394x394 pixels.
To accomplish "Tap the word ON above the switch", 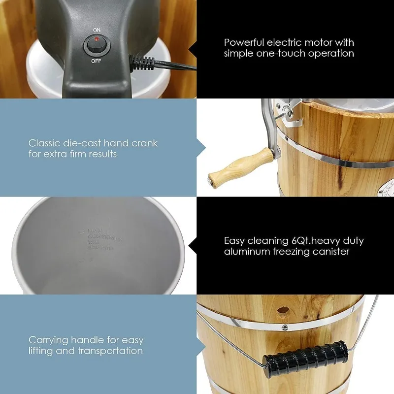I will (x=96, y=30).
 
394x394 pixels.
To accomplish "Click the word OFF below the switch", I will (x=96, y=62).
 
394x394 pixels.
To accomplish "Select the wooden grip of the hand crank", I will (x=241, y=165).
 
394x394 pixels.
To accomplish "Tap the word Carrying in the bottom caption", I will (x=48, y=340).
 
